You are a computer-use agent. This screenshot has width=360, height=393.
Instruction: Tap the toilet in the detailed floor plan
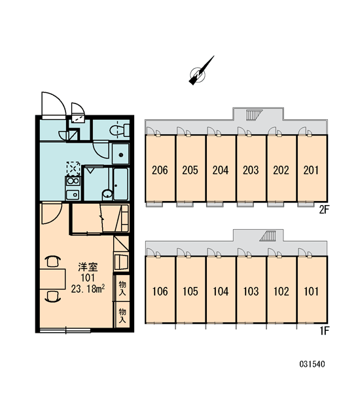pyautogui.click(x=119, y=130)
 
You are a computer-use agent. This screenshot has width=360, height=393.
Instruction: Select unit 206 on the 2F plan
pyautogui.click(x=160, y=168)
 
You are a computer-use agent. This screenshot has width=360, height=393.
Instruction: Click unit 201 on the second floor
pyautogui.click(x=312, y=168)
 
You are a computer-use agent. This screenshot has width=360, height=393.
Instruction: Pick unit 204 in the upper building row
pyautogui.click(x=221, y=168)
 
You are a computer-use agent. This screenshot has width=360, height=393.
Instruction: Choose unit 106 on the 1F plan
pyautogui.click(x=160, y=290)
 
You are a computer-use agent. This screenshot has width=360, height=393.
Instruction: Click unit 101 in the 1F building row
pyautogui.click(x=312, y=290)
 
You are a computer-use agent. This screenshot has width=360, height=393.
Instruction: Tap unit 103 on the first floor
pyautogui.click(x=251, y=290)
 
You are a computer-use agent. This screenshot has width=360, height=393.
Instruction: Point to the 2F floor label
pyautogui.click(x=323, y=210)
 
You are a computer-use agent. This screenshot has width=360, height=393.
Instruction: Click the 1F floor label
pyautogui.click(x=324, y=331)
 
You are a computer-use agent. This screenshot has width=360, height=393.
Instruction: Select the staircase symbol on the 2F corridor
pyautogui.click(x=254, y=115)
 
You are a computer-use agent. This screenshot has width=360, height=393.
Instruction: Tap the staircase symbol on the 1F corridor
pyautogui.click(x=268, y=236)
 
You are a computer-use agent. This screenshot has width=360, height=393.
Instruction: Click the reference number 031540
pyautogui.click(x=312, y=364)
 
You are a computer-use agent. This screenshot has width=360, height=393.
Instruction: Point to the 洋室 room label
pyautogui.click(x=88, y=267)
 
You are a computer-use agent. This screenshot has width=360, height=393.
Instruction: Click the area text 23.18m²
pyautogui.click(x=88, y=289)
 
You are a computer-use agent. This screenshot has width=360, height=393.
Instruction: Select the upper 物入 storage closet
pyautogui.click(x=122, y=288)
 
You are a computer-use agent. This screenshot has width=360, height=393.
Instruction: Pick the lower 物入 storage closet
pyautogui.click(x=122, y=315)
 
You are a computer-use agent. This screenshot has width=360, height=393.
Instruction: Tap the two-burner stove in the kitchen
pyautogui.click(x=73, y=181)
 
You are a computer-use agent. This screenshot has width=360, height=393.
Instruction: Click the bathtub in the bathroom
pyautogui.click(x=120, y=184)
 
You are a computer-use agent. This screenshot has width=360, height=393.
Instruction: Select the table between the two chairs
pyautogui.click(x=52, y=279)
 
